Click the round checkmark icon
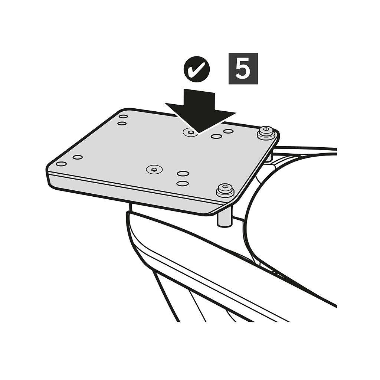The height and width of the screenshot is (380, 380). (197, 69)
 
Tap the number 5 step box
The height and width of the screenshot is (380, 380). (243, 69)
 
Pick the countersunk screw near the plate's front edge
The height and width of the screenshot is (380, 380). (154, 169)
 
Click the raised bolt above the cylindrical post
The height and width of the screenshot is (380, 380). (225, 189)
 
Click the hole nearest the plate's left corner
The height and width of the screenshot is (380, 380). (61, 164)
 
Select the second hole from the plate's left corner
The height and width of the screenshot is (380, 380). (78, 157)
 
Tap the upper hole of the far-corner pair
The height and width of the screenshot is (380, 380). (124, 117)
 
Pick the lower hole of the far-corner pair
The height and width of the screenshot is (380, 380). (122, 123)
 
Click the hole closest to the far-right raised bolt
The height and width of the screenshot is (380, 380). (228, 131)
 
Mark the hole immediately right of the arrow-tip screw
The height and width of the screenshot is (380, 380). (216, 137)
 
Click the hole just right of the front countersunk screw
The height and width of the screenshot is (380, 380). (183, 174)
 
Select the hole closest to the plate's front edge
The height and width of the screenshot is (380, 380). (183, 183)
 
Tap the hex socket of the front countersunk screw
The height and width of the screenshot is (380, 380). (154, 169)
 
